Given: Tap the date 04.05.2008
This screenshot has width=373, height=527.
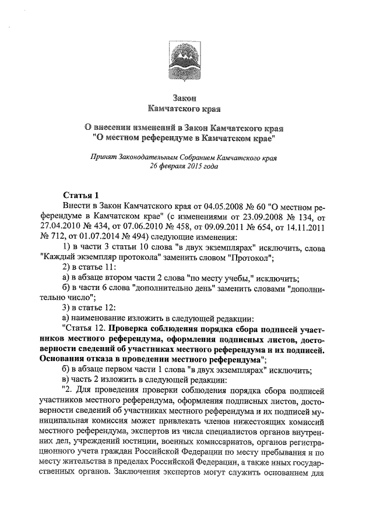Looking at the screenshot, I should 214,207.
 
